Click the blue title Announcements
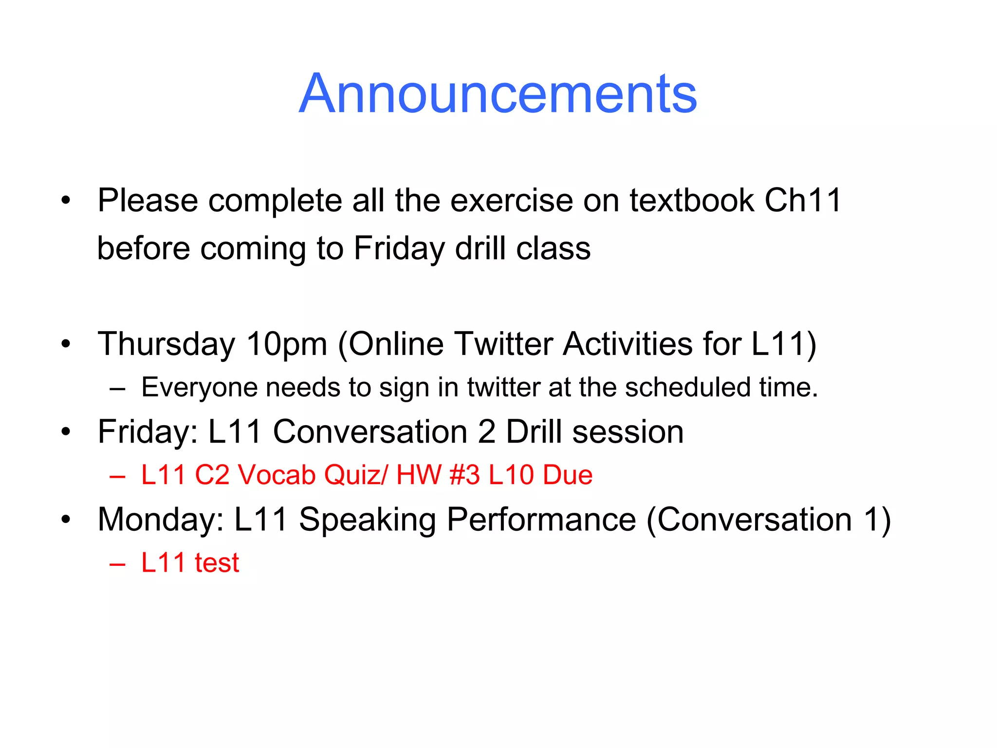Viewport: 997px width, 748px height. click(x=498, y=93)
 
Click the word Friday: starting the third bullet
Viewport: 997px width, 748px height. click(x=148, y=432)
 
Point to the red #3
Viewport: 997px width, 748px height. click(x=464, y=475)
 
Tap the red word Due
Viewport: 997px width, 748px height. click(x=568, y=475)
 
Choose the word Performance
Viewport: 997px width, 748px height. click(x=541, y=520)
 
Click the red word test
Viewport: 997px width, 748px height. click(x=217, y=563)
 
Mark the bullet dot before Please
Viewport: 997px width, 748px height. click(x=66, y=200)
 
